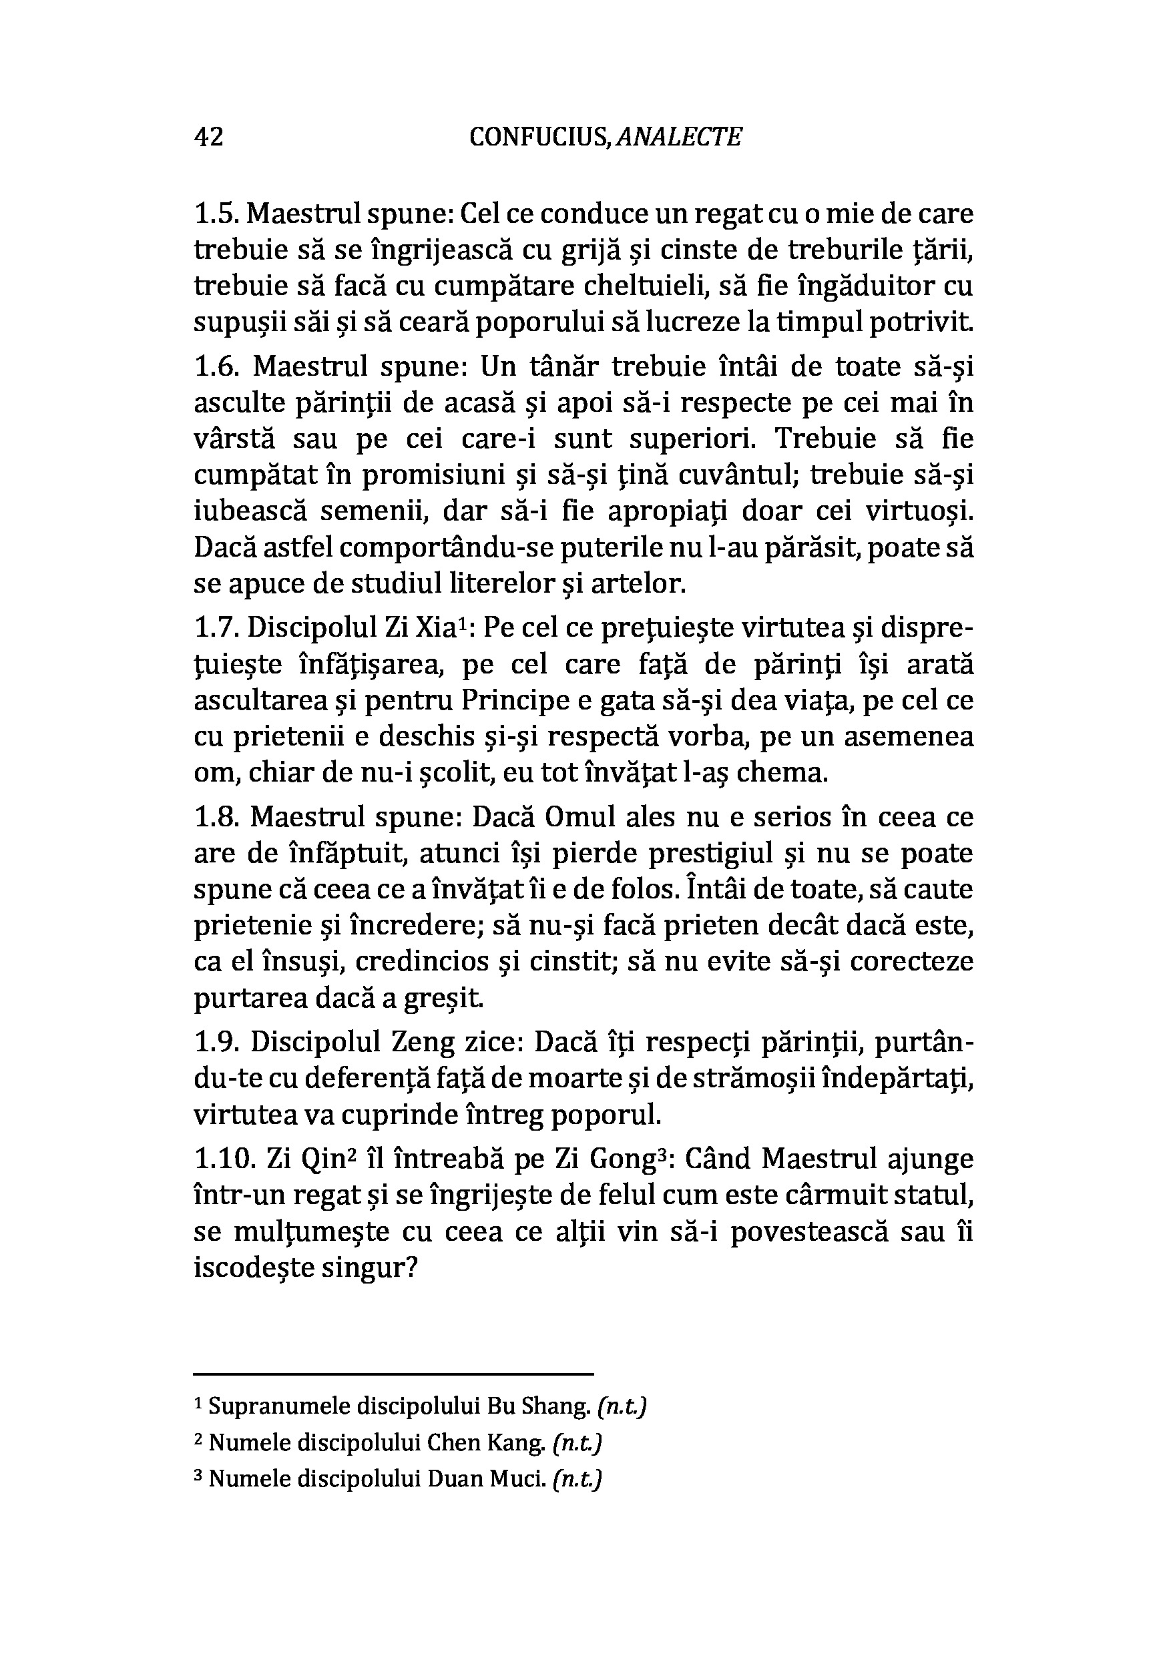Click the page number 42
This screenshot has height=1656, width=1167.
tap(208, 136)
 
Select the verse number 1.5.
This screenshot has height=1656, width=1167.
tap(216, 214)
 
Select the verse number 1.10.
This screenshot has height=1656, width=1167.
tap(223, 1160)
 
